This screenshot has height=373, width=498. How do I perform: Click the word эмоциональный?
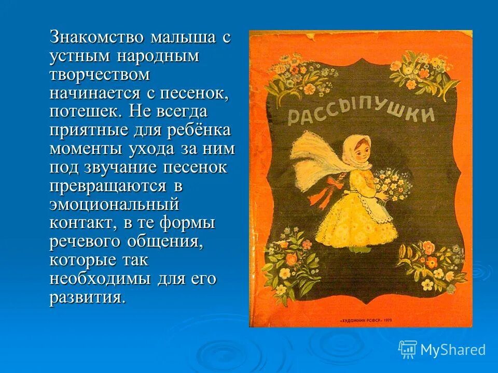(x=114, y=205)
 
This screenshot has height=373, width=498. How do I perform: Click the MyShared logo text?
(x=453, y=350)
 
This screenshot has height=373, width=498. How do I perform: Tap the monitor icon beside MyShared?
(x=407, y=349)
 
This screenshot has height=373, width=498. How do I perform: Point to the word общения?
(x=167, y=242)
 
